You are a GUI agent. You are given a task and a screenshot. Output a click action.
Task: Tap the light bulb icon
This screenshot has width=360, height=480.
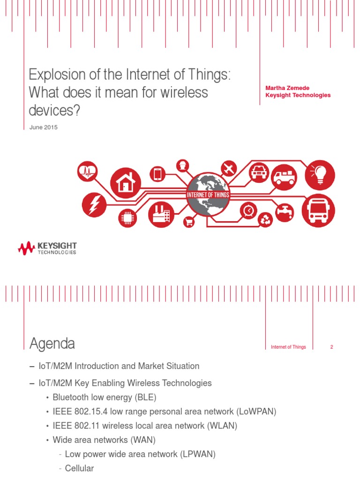[x=320, y=174]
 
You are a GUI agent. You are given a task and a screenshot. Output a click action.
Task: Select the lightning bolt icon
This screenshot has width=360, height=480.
[x=94, y=205]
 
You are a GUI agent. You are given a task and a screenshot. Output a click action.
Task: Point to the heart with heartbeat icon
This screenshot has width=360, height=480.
[x=88, y=172]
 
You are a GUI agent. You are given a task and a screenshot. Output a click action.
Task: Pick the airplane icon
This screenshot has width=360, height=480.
[x=229, y=168]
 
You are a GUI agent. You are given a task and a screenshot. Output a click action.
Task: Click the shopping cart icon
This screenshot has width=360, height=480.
[x=189, y=222]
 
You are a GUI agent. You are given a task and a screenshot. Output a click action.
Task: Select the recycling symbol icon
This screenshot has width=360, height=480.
[x=265, y=219]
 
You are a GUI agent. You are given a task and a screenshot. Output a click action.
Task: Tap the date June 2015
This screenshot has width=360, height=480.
[x=43, y=127]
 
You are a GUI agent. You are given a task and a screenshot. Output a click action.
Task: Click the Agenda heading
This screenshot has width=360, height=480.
[x=52, y=344]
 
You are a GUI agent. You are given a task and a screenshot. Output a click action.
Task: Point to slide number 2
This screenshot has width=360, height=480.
[x=331, y=347]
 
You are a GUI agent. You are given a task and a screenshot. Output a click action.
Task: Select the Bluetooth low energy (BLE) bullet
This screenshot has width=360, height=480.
[x=104, y=397]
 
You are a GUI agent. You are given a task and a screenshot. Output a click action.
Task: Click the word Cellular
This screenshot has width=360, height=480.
[x=79, y=468]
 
